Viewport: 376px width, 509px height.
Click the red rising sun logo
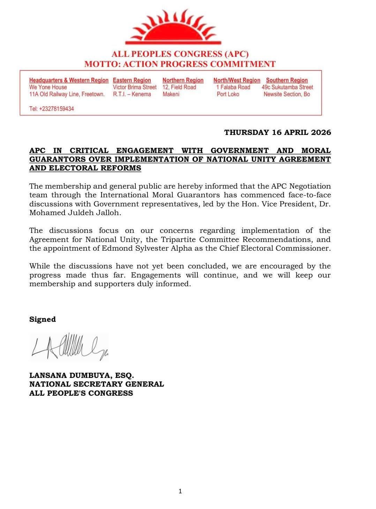tap(173, 28)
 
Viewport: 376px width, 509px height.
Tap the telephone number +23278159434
tap(52, 109)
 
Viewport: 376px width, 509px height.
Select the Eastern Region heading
tap(132, 80)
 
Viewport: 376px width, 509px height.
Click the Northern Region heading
tap(183, 80)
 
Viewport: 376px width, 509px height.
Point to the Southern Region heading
tap(287, 80)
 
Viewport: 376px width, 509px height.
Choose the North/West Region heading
tap(237, 80)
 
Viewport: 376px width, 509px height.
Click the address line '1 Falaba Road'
tap(233, 87)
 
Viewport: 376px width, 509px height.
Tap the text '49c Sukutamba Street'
tap(287, 87)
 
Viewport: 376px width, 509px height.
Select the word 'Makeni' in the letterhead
tap(171, 94)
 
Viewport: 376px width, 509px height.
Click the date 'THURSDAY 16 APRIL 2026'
tap(277, 132)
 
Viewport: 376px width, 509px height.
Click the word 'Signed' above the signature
tap(43, 319)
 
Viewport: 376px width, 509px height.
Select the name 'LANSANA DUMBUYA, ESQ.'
tap(82, 375)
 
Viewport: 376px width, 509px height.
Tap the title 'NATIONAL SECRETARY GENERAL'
tap(97, 384)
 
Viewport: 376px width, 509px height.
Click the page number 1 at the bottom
tap(180, 491)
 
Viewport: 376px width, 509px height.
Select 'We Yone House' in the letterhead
tap(48, 87)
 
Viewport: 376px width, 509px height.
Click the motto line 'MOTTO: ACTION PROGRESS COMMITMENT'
tap(180, 64)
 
